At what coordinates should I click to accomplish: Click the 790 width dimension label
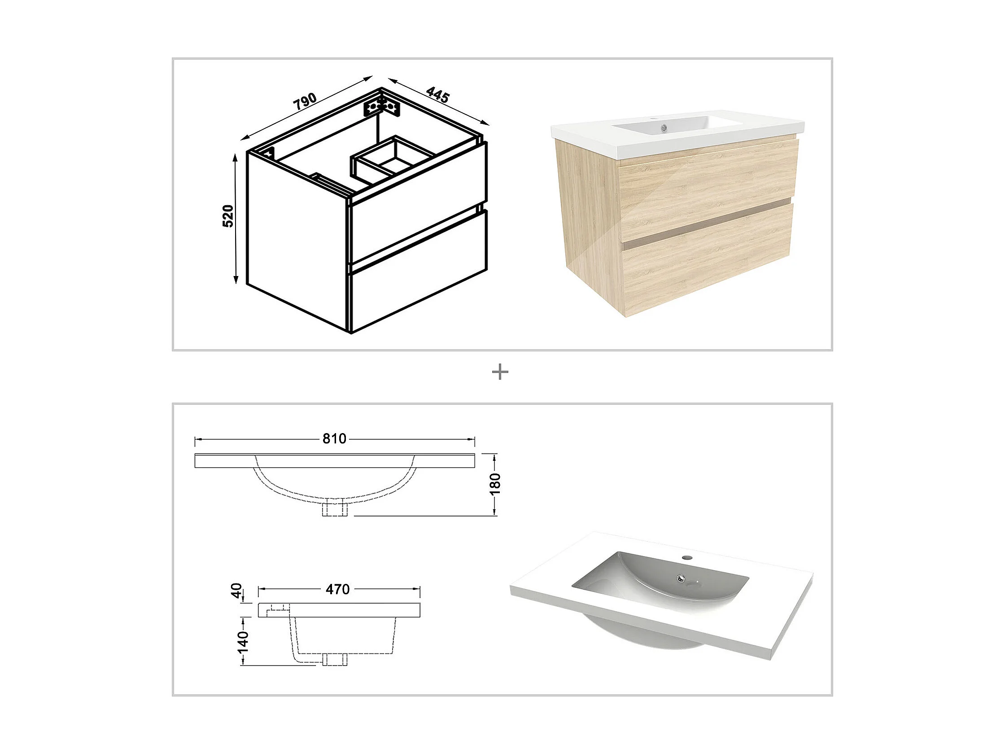click(304, 101)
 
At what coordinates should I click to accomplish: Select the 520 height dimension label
click(228, 216)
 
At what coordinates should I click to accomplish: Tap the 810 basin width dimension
click(334, 438)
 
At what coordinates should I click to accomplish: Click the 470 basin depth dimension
click(337, 589)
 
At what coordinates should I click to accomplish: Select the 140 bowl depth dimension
click(244, 641)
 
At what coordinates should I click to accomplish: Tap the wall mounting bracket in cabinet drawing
click(382, 107)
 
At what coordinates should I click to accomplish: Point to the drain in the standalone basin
click(680, 578)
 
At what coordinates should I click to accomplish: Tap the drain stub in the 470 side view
click(335, 660)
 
